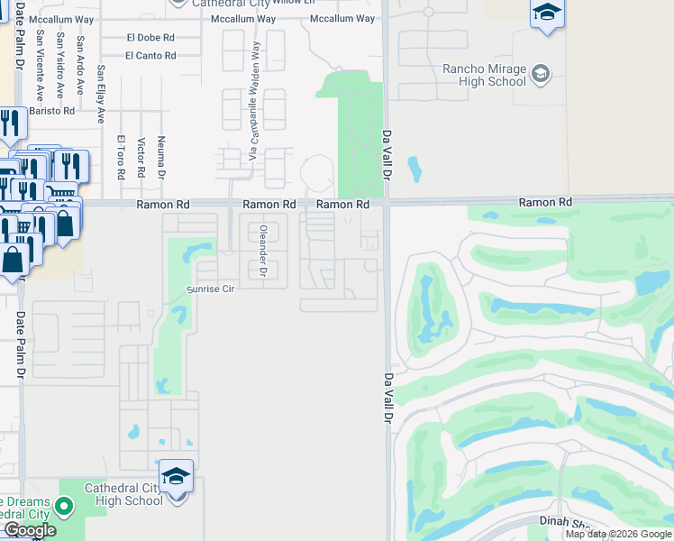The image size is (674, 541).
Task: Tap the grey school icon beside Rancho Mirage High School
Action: (541, 74)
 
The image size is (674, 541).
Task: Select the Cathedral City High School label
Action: (123, 494)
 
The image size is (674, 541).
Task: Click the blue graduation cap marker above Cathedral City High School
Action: (177, 475)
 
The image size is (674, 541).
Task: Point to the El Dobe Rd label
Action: (150, 38)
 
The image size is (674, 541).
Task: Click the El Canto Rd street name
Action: (150, 56)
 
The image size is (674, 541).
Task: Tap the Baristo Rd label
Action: (51, 110)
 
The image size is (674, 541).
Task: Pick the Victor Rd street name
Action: (141, 158)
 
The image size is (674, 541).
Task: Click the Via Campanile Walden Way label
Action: (255, 99)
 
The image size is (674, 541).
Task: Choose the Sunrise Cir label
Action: (209, 289)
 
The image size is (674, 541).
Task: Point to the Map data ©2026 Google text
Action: (618, 534)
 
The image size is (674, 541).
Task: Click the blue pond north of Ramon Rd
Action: (414, 169)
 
